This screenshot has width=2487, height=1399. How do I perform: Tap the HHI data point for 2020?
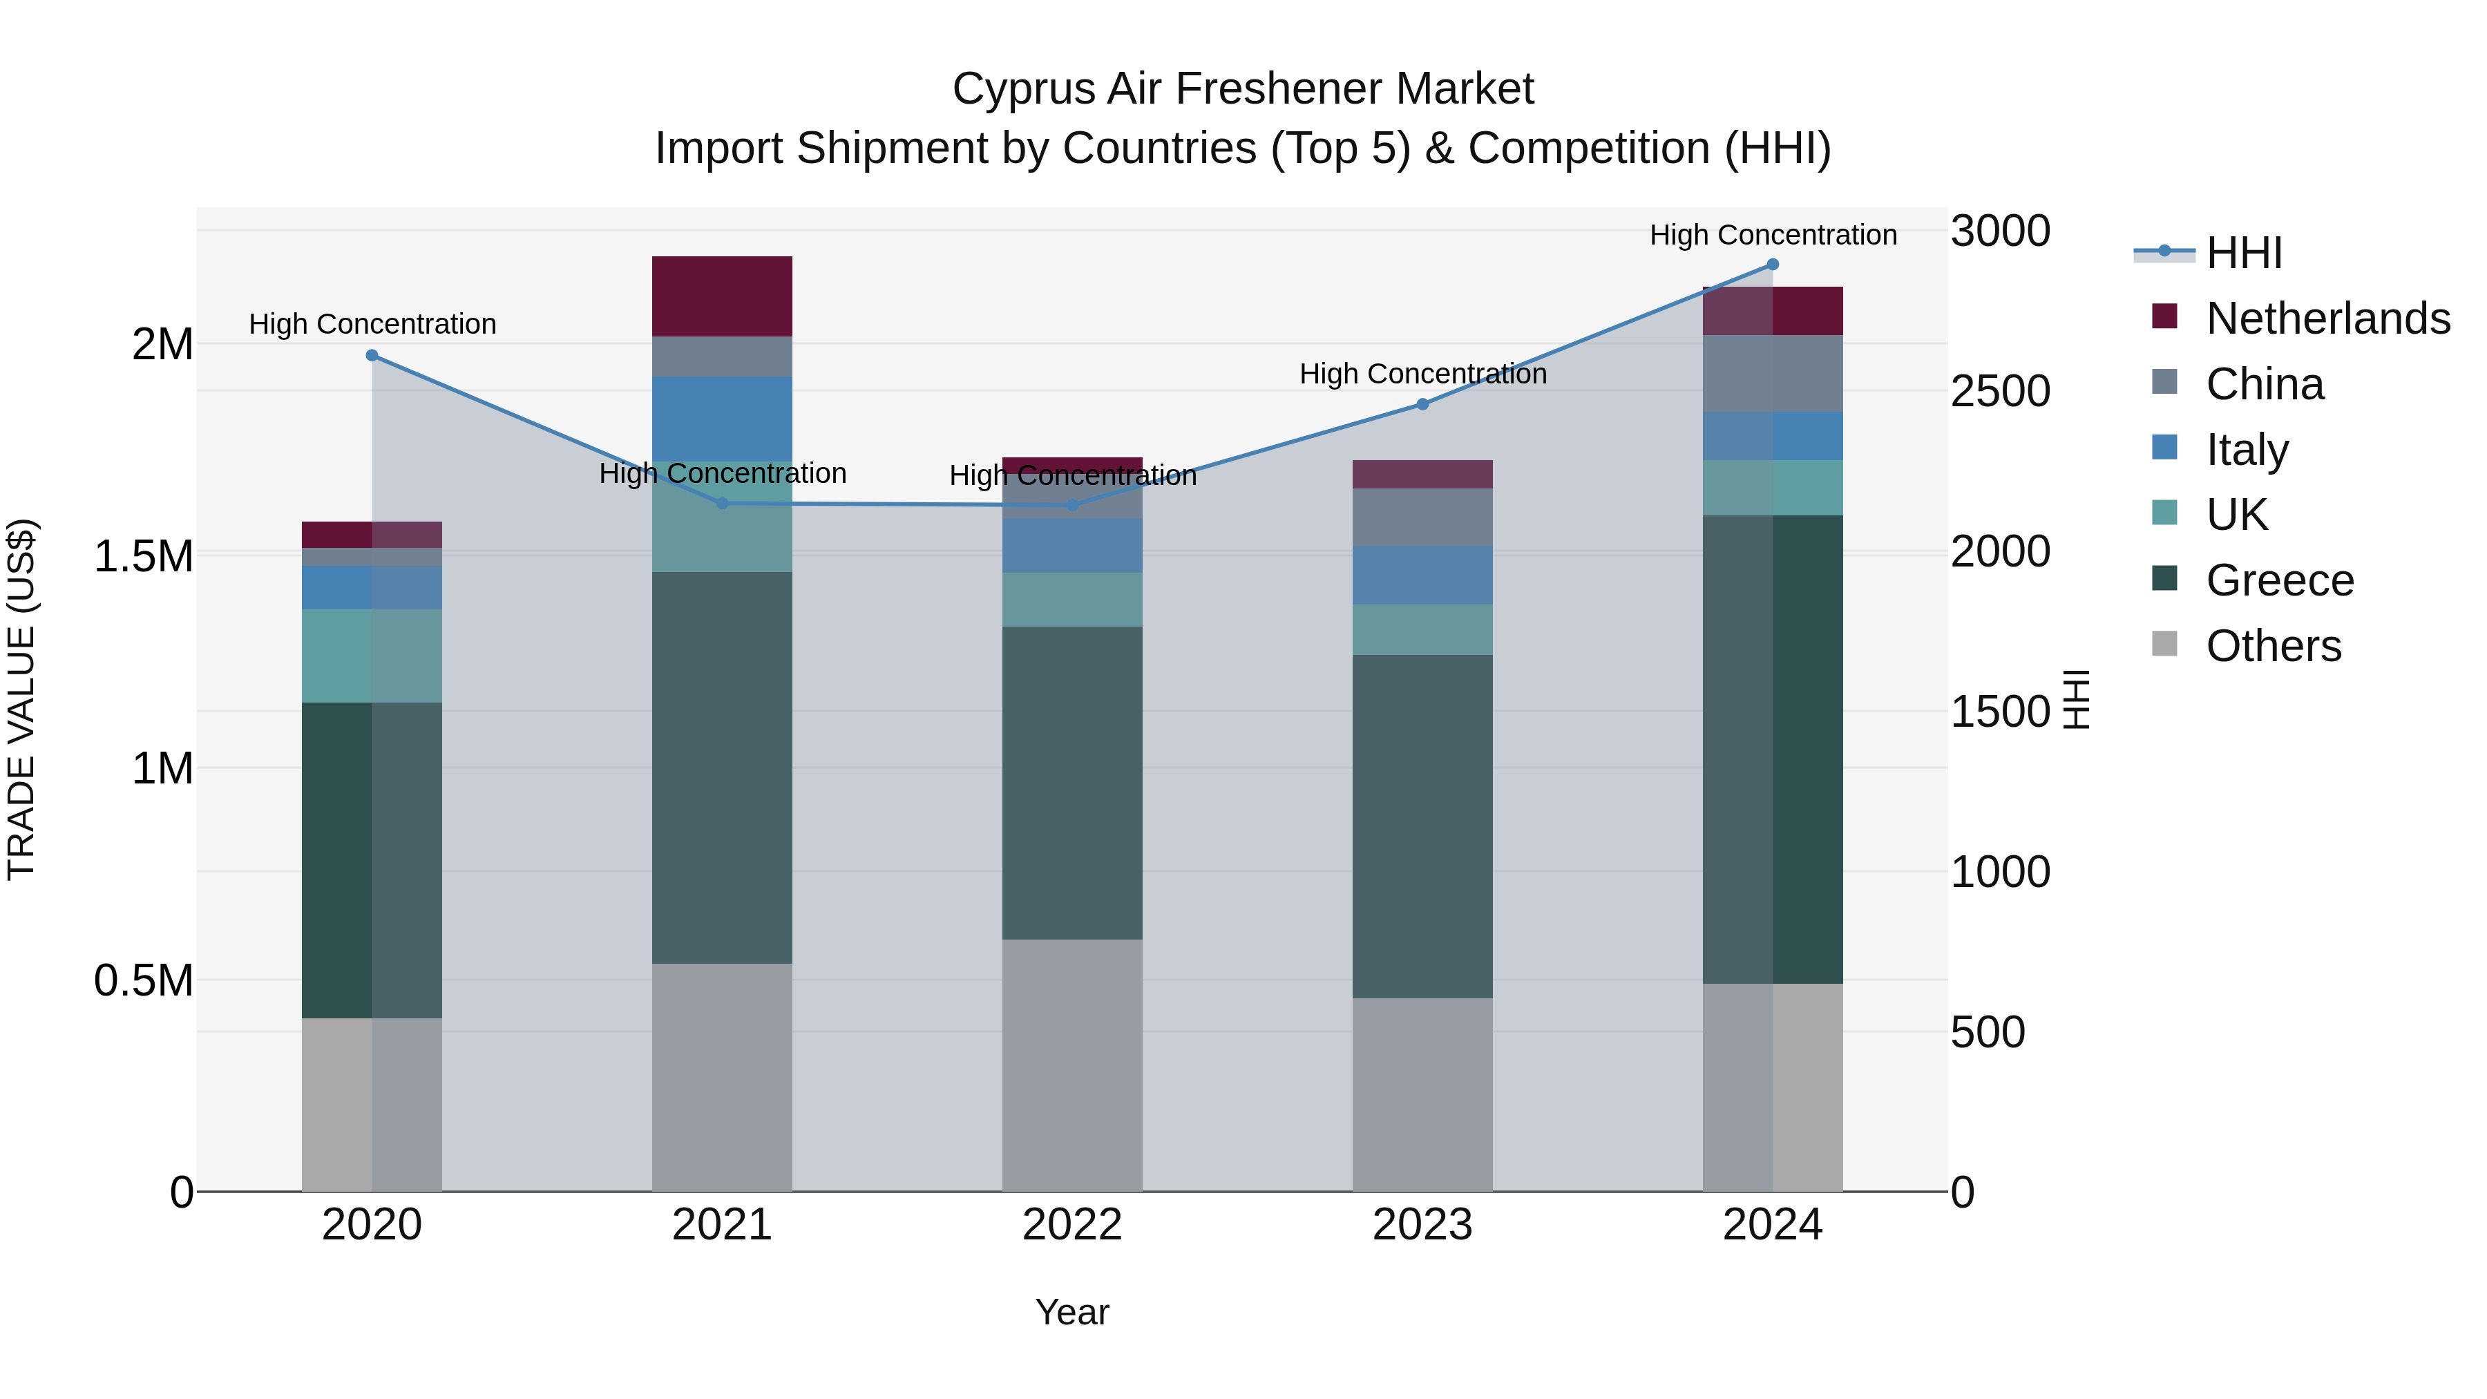(x=372, y=355)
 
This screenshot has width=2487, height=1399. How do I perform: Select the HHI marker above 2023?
(x=1422, y=405)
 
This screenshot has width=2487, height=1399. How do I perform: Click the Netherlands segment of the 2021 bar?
(x=722, y=296)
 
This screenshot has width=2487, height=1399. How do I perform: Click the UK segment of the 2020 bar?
(x=372, y=656)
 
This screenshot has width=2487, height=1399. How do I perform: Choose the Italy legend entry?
(x=2246, y=450)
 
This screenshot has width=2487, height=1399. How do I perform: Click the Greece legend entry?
(x=2278, y=580)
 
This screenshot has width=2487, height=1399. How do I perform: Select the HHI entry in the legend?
(x=2242, y=253)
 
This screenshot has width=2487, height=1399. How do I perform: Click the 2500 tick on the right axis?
(x=1999, y=391)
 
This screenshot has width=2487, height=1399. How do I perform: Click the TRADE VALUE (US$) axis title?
(x=21, y=699)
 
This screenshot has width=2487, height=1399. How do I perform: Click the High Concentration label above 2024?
(x=1773, y=235)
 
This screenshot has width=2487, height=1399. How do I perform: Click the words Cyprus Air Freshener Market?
(x=1243, y=89)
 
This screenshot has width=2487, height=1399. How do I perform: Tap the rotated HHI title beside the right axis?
(x=2076, y=699)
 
